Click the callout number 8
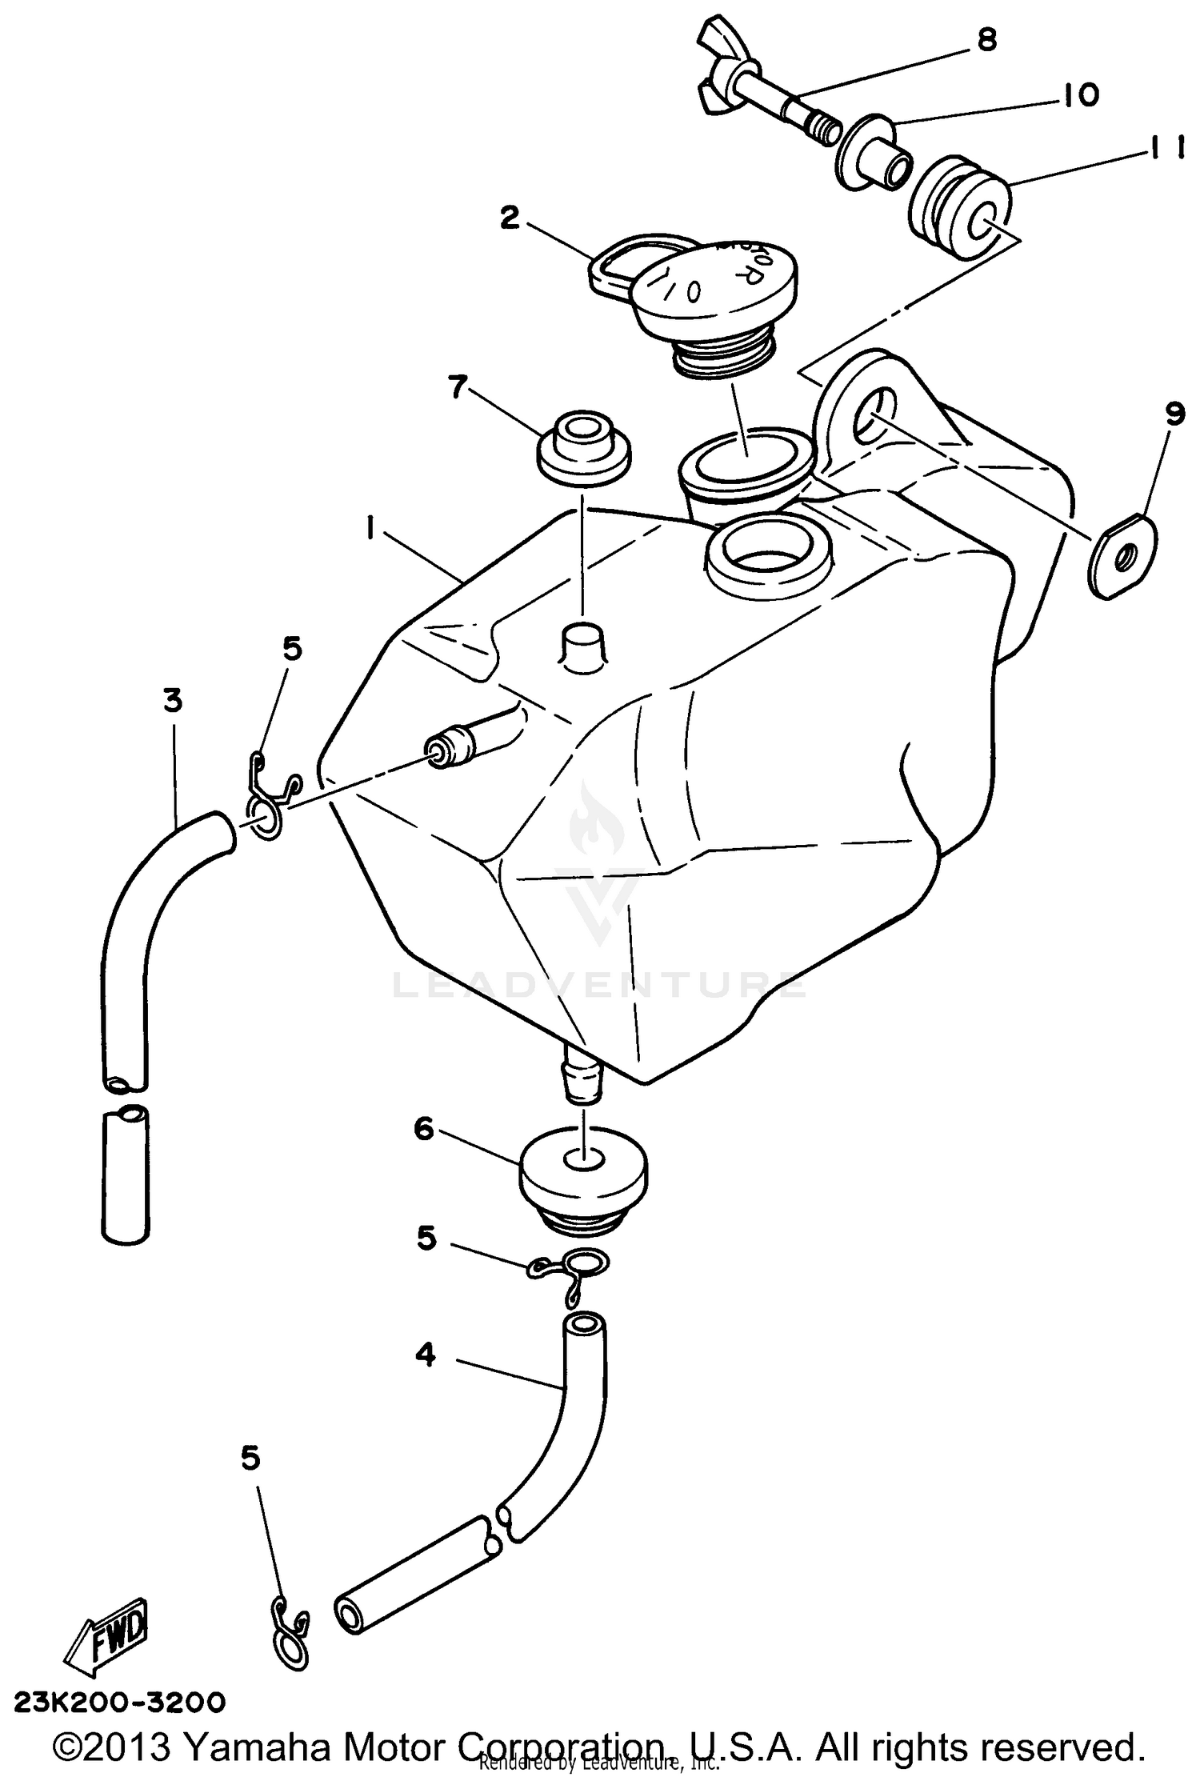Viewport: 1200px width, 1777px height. pos(988,40)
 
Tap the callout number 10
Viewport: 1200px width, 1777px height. pos(1081,96)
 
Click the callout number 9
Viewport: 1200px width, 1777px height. pos(1174,414)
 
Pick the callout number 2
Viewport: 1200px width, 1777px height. pos(510,218)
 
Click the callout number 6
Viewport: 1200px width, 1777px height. pos(423,1129)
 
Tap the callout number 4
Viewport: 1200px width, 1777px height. pos(426,1355)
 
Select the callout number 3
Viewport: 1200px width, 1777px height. pos(172,701)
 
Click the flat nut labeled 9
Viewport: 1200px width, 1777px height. pos(1122,556)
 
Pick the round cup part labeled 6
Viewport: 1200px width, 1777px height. pos(584,1173)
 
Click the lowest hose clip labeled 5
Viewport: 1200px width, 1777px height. pos(290,1635)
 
